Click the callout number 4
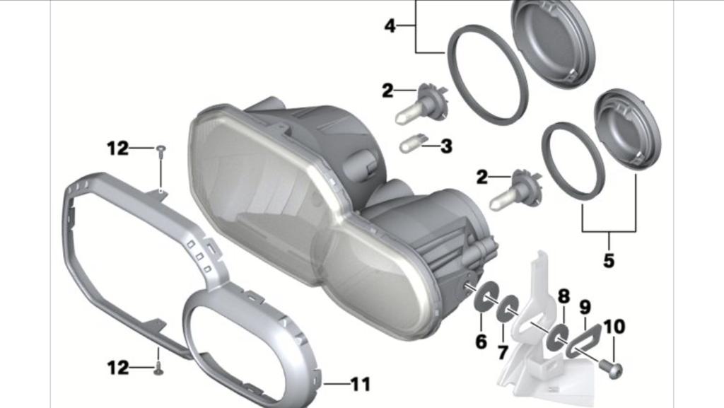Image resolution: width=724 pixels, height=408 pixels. (390, 26)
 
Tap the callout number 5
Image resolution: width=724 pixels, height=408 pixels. (609, 260)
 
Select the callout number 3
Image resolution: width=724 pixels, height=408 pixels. (446, 146)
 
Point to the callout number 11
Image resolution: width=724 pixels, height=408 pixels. (361, 385)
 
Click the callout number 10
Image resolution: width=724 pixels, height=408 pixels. (614, 327)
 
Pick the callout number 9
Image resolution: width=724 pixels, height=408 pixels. (585, 307)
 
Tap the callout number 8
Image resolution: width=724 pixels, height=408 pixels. (564, 296)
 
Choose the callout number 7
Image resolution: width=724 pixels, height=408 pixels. (503, 353)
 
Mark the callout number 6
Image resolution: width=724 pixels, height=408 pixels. (481, 342)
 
